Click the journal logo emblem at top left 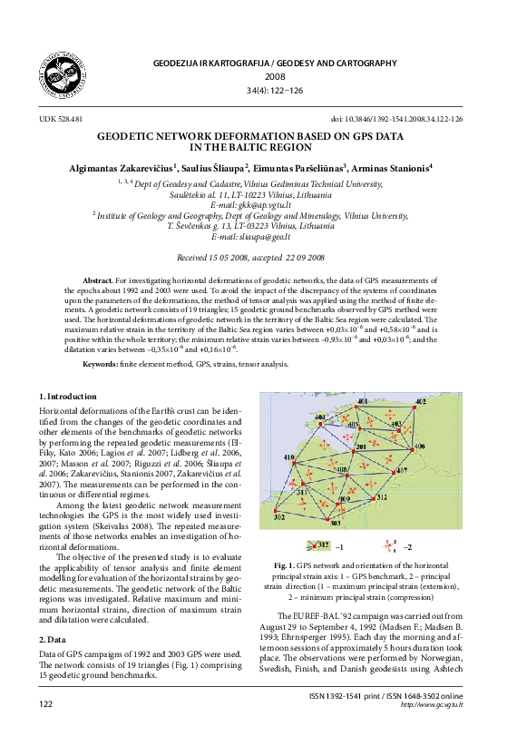pos(61,73)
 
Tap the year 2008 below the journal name pos(263,77)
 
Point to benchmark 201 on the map pos(359,447)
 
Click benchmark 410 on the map pos(289,456)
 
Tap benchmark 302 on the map pos(278,516)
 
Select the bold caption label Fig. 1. pos(284,565)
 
